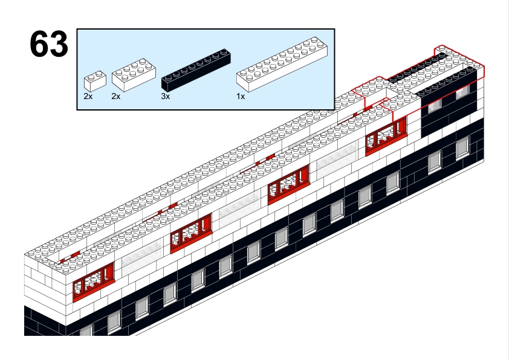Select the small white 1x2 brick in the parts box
click(95, 81)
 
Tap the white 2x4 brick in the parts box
click(134, 74)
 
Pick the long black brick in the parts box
click(196, 69)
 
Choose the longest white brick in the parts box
click(282, 64)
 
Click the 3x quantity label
click(165, 96)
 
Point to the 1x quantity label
click(241, 96)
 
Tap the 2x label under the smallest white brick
click(88, 96)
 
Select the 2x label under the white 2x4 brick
click(116, 96)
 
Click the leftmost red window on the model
click(94, 281)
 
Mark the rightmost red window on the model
click(386, 136)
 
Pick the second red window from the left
click(191, 233)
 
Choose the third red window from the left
click(288, 185)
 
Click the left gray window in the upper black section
click(435, 106)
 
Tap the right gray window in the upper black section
click(463, 92)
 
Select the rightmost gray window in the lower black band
click(462, 148)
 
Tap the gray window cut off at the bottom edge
click(86, 331)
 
